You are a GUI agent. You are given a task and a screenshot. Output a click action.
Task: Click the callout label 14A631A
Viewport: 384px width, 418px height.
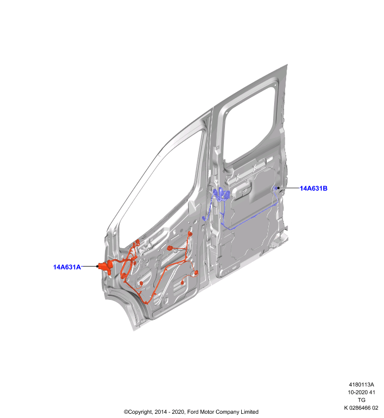pyautogui.click(x=67, y=267)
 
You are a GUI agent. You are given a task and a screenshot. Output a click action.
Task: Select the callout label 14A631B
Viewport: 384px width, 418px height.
pyautogui.click(x=313, y=188)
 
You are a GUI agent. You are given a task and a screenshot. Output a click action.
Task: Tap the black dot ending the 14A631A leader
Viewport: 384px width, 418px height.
pyautogui.click(x=97, y=266)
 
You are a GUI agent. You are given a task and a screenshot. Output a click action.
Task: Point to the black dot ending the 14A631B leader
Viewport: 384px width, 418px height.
pyautogui.click(x=278, y=188)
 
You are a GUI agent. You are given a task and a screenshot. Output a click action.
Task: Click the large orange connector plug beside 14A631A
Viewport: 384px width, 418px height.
pyautogui.click(x=105, y=267)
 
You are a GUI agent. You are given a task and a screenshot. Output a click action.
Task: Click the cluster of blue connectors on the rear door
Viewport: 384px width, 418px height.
pyautogui.click(x=221, y=194)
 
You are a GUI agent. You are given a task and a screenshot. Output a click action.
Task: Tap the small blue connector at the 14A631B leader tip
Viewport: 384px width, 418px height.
pyautogui.click(x=276, y=188)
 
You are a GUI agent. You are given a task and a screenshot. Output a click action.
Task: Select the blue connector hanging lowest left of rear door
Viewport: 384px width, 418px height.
pyautogui.click(x=204, y=218)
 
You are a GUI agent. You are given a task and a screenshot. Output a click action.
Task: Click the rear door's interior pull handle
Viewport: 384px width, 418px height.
pyautogui.click(x=242, y=190)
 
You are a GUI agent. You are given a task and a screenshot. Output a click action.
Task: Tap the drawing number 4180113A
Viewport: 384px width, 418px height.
pyautogui.click(x=362, y=385)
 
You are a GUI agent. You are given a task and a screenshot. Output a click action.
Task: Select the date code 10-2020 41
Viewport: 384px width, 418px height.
pyautogui.click(x=362, y=392)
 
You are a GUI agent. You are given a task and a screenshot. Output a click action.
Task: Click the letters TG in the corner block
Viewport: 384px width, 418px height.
pyautogui.click(x=362, y=400)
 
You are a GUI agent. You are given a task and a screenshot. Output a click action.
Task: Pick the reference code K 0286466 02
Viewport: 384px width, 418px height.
pyautogui.click(x=361, y=408)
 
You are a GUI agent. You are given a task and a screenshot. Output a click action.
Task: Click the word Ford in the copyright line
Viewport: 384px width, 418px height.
pyautogui.click(x=193, y=412)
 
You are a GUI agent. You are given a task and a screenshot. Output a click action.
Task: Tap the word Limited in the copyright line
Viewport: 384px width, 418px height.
pyautogui.click(x=250, y=412)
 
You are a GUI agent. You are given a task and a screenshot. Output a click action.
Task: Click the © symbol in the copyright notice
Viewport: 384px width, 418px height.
pyautogui.click(x=126, y=412)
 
